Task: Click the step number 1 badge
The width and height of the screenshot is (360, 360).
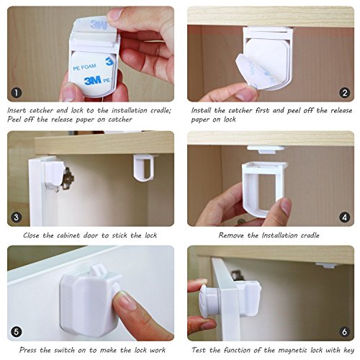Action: point(17,93)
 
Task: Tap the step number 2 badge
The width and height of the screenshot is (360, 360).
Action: point(345,93)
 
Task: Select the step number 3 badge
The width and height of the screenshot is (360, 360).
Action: point(17,217)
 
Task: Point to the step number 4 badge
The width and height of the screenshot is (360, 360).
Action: point(345,217)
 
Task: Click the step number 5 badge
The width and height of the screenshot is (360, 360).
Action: point(17,332)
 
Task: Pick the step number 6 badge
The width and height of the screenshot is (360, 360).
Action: point(345,332)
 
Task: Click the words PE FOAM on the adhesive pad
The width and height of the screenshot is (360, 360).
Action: point(84,67)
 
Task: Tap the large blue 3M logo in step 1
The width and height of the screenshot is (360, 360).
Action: point(93,81)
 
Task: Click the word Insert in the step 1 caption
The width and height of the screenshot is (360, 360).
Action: point(17,110)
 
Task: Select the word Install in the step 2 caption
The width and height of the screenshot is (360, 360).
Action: point(201,110)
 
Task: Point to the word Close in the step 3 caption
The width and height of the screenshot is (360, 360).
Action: point(31,235)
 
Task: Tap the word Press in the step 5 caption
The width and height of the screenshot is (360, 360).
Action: point(28,350)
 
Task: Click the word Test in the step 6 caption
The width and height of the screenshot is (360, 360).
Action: point(199,350)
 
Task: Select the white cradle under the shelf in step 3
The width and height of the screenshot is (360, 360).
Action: point(144,167)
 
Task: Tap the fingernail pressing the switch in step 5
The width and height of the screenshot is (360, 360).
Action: point(126,300)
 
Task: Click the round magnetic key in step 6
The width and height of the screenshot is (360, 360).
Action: point(208,300)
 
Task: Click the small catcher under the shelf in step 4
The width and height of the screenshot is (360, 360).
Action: point(266,149)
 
